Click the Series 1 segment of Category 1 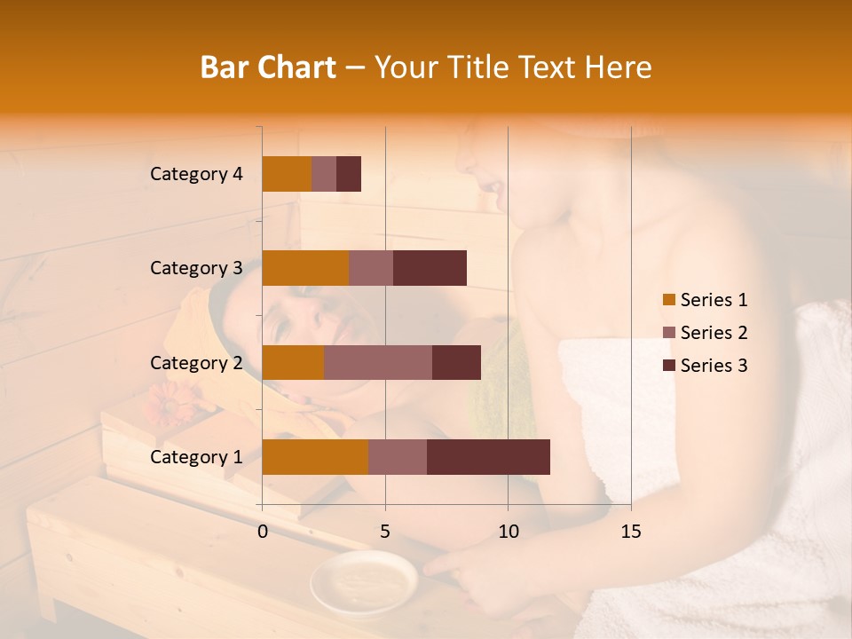click(x=315, y=457)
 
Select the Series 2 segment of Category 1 click(x=398, y=457)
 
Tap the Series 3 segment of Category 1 click(x=488, y=457)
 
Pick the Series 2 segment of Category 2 click(x=378, y=362)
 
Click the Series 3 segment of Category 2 click(x=456, y=362)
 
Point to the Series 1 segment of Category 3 click(x=305, y=268)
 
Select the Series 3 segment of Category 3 click(x=430, y=268)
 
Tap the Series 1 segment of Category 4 click(x=287, y=174)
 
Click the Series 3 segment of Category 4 click(x=349, y=174)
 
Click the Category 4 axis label click(x=196, y=174)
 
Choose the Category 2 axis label click(x=196, y=362)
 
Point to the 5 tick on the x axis click(x=385, y=532)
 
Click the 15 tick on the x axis click(x=630, y=532)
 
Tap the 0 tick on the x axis click(x=263, y=532)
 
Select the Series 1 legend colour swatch click(x=669, y=300)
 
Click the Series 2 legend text click(x=714, y=333)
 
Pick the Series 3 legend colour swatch click(x=669, y=366)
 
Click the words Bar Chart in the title click(x=268, y=67)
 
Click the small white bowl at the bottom click(x=363, y=581)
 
